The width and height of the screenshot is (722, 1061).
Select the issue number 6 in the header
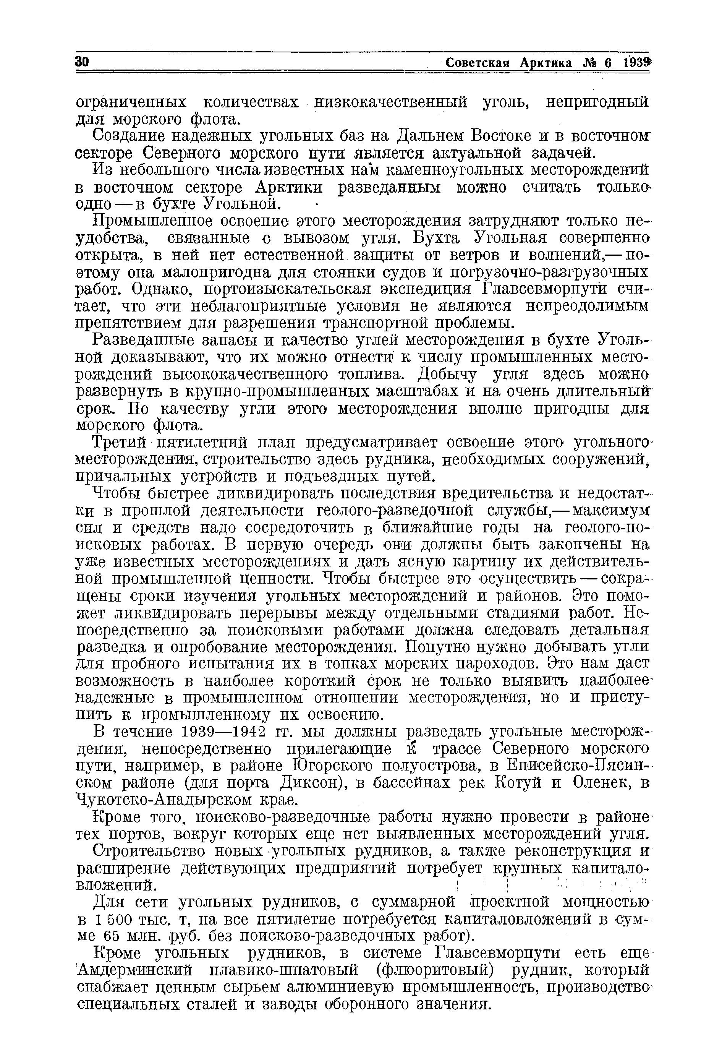point(607,63)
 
